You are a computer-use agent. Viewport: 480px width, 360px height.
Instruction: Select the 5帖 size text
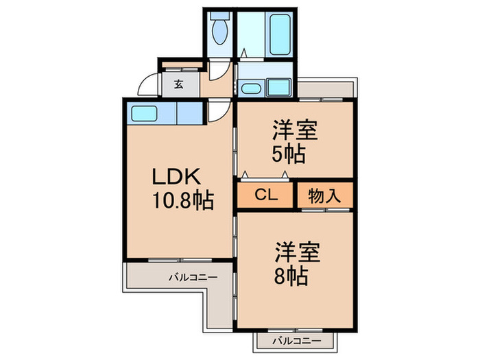tap(288, 152)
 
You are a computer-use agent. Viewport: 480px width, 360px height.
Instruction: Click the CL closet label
tap(265, 195)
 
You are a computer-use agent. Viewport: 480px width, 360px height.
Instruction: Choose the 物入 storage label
tap(324, 195)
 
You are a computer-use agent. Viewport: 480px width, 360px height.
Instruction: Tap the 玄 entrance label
tap(178, 84)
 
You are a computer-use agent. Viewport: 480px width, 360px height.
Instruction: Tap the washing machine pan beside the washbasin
tap(279, 87)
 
